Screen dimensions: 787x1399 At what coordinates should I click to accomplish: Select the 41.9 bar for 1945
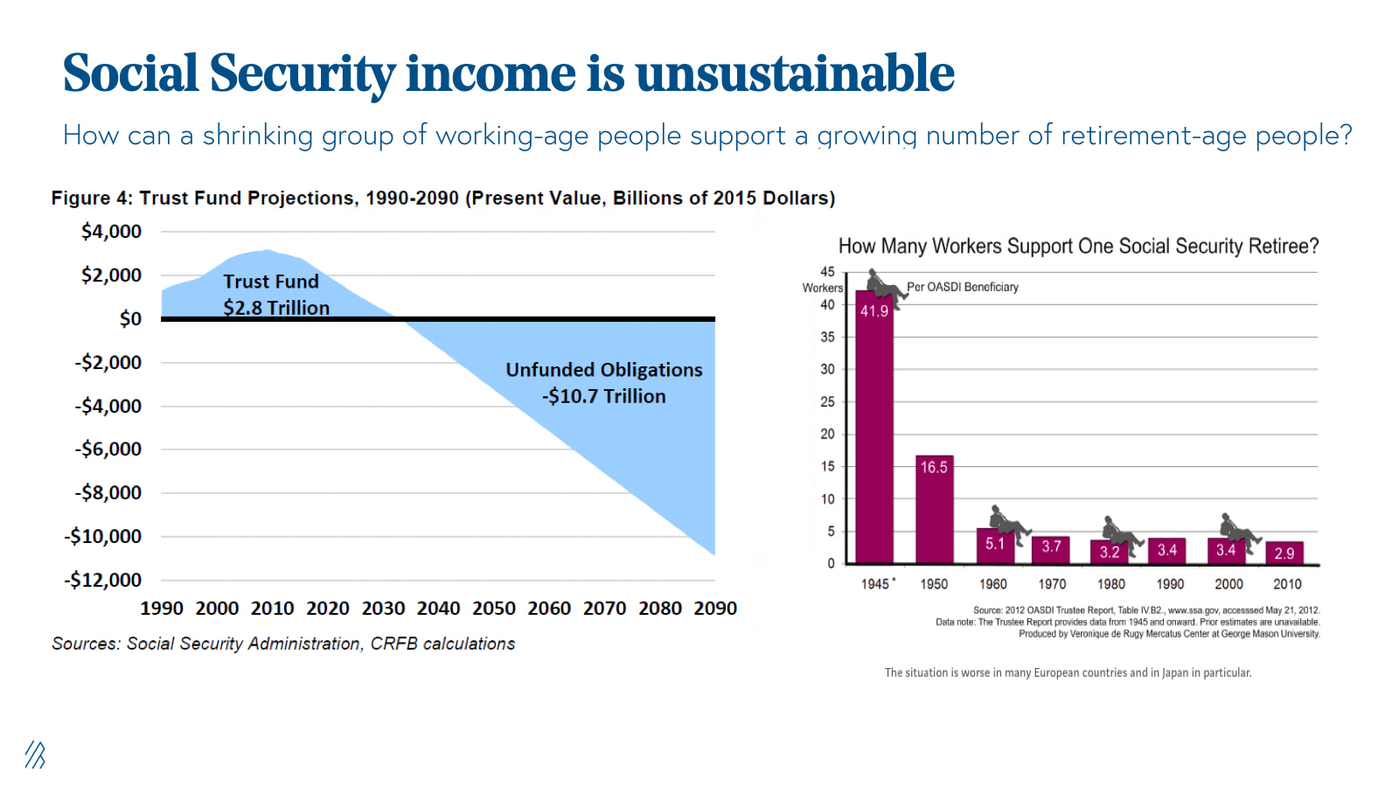click(x=874, y=428)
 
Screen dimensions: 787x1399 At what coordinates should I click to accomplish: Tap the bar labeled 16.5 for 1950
click(x=934, y=512)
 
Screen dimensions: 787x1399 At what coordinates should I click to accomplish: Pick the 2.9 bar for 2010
click(x=1284, y=553)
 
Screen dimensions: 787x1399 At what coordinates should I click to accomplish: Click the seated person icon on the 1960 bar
click(x=1008, y=522)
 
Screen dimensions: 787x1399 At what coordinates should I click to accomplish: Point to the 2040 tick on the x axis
click(x=438, y=609)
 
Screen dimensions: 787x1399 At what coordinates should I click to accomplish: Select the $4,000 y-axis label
click(x=111, y=232)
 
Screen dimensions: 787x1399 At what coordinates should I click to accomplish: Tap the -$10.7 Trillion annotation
click(x=603, y=397)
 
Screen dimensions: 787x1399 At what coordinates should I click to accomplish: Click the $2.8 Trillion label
click(x=276, y=308)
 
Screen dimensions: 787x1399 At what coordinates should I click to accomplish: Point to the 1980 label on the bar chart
click(x=1110, y=584)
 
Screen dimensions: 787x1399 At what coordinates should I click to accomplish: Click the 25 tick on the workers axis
click(x=827, y=402)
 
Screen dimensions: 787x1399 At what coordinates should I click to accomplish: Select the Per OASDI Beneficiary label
click(x=962, y=287)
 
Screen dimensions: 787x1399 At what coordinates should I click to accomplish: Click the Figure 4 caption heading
click(x=442, y=198)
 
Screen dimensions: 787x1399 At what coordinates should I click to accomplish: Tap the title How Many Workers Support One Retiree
click(x=1077, y=247)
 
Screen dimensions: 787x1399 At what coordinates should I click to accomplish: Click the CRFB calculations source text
click(x=442, y=644)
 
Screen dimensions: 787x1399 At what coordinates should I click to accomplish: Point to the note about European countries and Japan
click(x=1068, y=673)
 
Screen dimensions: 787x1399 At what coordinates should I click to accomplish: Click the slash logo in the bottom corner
click(x=35, y=755)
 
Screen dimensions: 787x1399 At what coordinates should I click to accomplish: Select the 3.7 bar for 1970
click(x=1051, y=549)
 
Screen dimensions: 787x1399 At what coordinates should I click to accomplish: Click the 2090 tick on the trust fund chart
click(x=715, y=609)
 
